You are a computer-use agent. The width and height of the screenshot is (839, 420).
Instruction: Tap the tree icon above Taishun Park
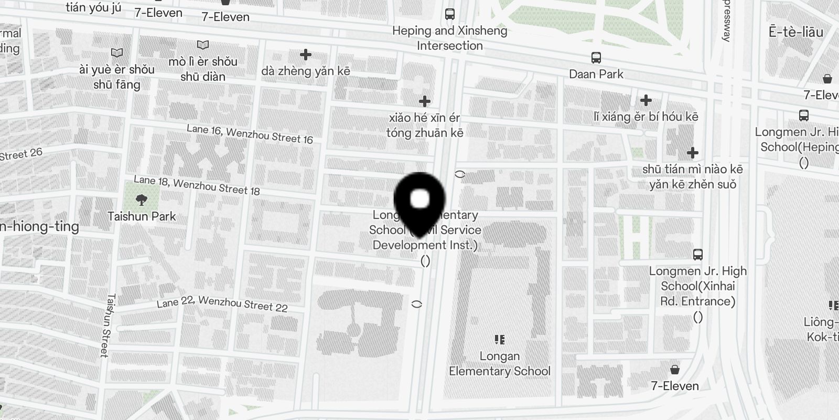tap(141, 199)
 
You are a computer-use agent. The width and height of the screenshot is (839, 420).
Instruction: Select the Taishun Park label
tap(142, 216)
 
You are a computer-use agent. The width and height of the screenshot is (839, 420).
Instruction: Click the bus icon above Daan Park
tap(596, 57)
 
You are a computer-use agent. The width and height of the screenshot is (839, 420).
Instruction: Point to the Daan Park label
tap(596, 74)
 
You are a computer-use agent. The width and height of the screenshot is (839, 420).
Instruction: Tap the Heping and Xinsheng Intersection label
tap(450, 38)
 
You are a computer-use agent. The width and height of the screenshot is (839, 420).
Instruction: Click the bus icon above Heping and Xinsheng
tap(450, 14)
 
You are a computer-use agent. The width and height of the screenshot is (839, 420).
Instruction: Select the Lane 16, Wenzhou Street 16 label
tap(250, 134)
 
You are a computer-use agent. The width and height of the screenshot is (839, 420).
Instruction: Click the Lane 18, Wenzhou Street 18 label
tap(197, 185)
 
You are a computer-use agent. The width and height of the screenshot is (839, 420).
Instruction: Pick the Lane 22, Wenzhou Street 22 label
tap(222, 304)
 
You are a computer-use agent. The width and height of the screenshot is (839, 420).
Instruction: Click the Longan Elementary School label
tap(500, 363)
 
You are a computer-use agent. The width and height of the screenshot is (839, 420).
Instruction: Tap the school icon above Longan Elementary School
tap(500, 340)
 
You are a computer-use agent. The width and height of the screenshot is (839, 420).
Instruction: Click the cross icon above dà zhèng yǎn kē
tap(306, 54)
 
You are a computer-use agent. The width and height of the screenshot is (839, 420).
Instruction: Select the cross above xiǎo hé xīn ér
tap(425, 101)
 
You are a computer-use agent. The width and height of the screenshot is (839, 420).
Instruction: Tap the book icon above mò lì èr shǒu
tap(203, 45)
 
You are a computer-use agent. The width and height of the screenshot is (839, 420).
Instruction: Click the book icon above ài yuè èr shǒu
tap(117, 52)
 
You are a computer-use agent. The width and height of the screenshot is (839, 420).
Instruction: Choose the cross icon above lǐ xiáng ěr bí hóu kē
tap(646, 100)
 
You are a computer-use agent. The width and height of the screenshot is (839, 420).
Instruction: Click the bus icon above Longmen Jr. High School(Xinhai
tap(697, 255)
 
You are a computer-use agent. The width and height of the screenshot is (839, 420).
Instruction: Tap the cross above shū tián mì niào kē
tap(693, 153)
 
